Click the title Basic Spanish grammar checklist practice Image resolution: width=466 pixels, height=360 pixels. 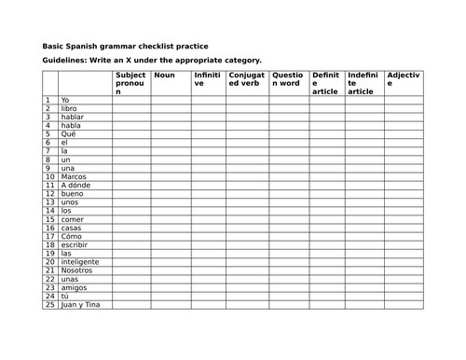pos(126,47)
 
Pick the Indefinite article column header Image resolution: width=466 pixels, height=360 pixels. pos(362,83)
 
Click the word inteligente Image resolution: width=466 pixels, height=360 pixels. pos(81,262)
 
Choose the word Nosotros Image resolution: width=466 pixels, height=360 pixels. pos(77,270)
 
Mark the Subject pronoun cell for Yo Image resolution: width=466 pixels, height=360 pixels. pos(130,100)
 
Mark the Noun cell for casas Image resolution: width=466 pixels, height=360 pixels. pos(171,228)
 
